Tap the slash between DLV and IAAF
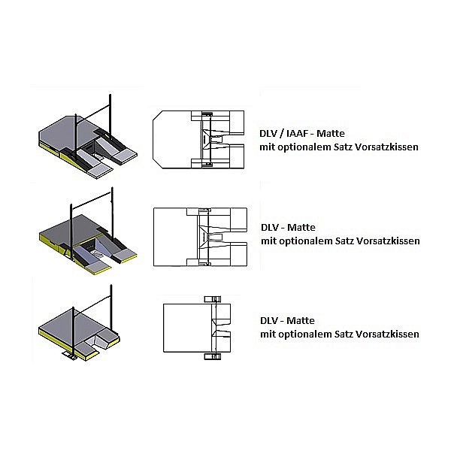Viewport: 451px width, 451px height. [x=282, y=134]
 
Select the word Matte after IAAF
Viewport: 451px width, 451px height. [x=331, y=134]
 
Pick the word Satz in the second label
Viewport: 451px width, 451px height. [x=344, y=241]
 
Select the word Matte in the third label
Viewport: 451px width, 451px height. [x=301, y=320]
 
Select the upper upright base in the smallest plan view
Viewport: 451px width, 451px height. [x=213, y=299]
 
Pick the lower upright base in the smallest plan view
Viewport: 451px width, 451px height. [x=213, y=356]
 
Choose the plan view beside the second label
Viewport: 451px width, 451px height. [x=200, y=237]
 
